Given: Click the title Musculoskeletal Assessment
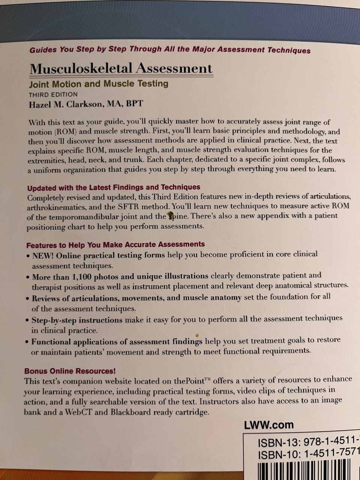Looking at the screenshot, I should click(x=121, y=69).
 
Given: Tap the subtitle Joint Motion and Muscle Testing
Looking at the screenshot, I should click(x=99, y=84).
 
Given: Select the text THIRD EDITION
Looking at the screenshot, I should click(x=53, y=94).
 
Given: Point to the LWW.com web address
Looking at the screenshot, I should click(x=268, y=425).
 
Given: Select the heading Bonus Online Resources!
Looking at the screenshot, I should click(x=70, y=371).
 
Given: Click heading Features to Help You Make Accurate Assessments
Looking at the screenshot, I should click(x=115, y=245).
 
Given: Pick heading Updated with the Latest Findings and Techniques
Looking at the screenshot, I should click(x=114, y=187).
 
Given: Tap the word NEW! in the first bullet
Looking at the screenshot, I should click(x=43, y=256).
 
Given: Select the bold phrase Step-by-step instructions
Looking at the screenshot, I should click(x=77, y=320).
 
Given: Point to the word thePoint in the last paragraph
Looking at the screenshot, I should click(x=189, y=381).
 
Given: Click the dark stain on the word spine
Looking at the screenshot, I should click(x=171, y=215).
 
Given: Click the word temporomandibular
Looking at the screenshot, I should click(x=94, y=217).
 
